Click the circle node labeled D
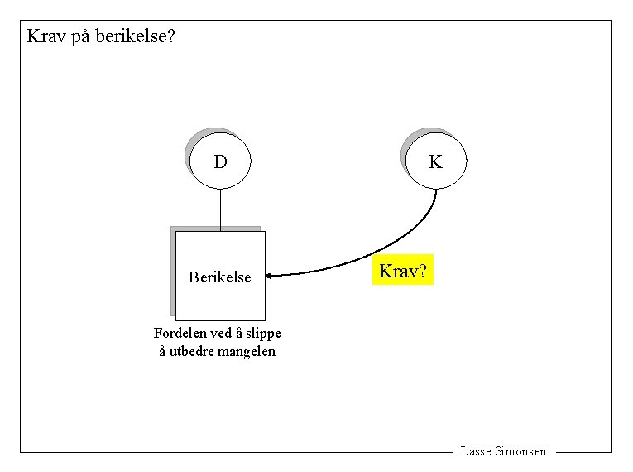click(x=220, y=161)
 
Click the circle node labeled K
click(x=436, y=161)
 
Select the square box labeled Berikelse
click(x=221, y=276)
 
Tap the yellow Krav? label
click(x=403, y=270)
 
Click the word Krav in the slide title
click(x=46, y=36)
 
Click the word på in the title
click(x=83, y=37)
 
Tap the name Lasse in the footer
click(x=475, y=451)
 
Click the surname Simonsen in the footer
click(x=520, y=451)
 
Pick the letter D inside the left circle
click(x=220, y=162)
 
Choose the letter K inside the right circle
click(x=435, y=162)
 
